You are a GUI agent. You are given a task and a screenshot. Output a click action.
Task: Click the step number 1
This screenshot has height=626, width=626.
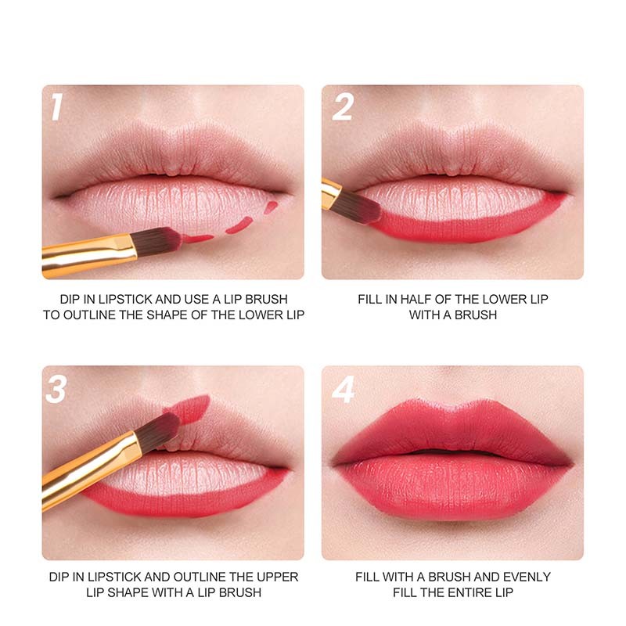pos(56,106)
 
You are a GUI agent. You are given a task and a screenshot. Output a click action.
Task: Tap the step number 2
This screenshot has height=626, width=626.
pos(343,106)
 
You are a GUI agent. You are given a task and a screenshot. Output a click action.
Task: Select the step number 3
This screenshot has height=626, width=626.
pos(56,389)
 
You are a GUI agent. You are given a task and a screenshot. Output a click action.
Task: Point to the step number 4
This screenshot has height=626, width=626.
pos(344,389)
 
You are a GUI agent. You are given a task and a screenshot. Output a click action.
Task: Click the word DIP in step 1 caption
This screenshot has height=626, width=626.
pos(69,300)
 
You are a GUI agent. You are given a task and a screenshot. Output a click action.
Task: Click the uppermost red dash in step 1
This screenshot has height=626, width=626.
pos(271,206)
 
